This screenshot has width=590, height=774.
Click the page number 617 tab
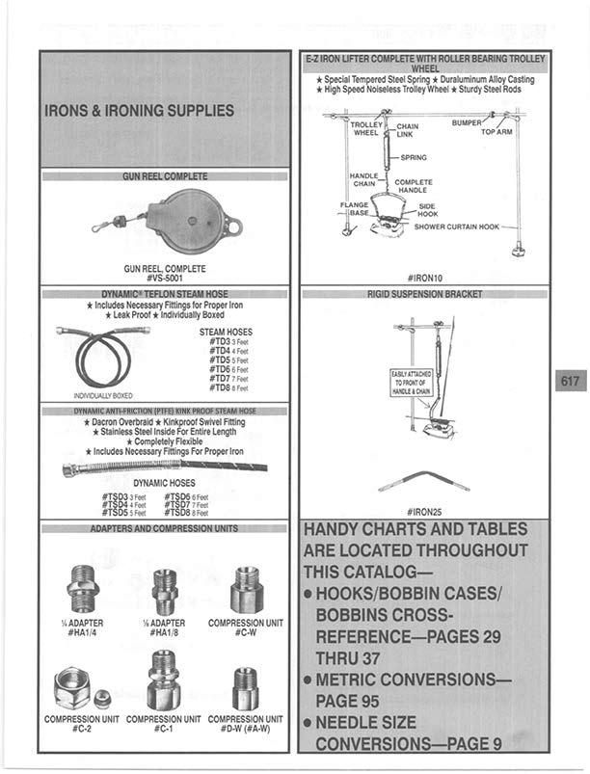coord(570,381)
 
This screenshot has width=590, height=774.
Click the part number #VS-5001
coord(165,278)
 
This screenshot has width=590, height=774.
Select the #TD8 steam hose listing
coord(223,388)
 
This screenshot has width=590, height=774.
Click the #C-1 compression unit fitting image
coord(164,681)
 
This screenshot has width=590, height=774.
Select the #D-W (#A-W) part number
coord(246,729)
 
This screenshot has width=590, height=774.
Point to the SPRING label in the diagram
coord(412,157)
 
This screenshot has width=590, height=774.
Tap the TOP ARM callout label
coord(496,131)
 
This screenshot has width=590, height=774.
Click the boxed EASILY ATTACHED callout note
coord(410,383)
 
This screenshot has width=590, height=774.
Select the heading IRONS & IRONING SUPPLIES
coord(140,111)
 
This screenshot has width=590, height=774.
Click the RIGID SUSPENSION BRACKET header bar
coord(424,293)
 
